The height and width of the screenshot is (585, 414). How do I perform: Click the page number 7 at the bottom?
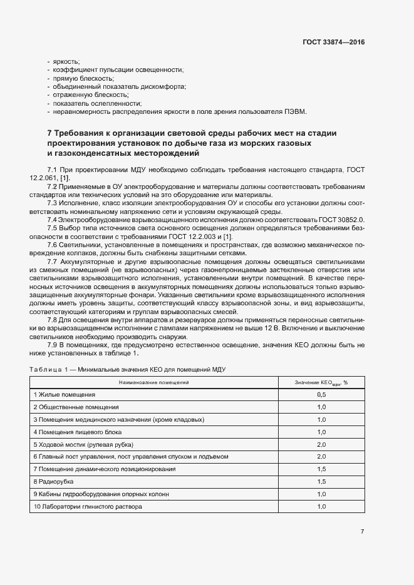click(x=362, y=531)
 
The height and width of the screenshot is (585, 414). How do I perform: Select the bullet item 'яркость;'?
click(x=65, y=61)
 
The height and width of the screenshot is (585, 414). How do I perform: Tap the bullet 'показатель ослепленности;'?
click(x=97, y=103)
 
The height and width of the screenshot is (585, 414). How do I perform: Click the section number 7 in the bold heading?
click(x=50, y=133)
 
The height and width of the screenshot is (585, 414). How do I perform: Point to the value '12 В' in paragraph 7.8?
click(x=266, y=327)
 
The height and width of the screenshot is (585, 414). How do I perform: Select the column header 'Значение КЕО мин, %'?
click(x=321, y=382)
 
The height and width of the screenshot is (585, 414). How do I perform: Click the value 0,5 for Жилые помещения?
click(x=321, y=395)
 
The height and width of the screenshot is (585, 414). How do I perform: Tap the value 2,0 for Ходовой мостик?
click(x=321, y=444)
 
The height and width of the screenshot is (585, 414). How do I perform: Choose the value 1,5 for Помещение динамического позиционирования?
click(x=321, y=469)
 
